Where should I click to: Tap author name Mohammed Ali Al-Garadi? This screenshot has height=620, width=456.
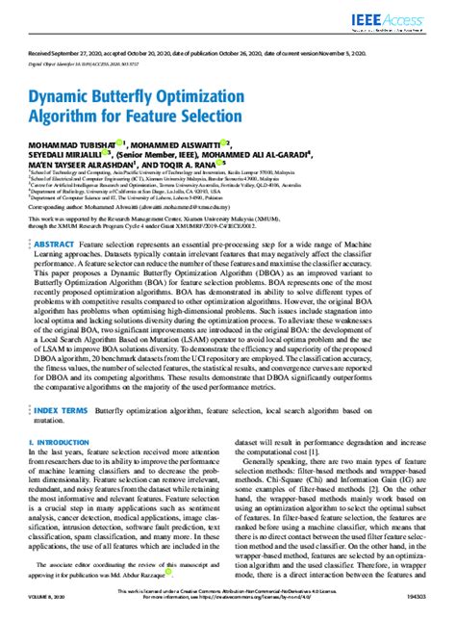coord(308,152)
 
